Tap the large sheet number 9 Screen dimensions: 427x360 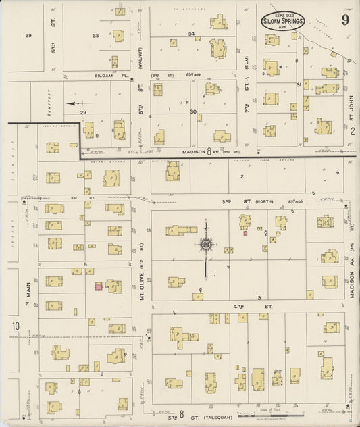[345, 20]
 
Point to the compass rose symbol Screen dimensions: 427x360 [205, 244]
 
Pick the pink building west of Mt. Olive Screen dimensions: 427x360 [99, 286]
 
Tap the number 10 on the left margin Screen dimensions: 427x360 [14, 328]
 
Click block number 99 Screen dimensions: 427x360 [28, 35]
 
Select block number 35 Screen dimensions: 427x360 [95, 34]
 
